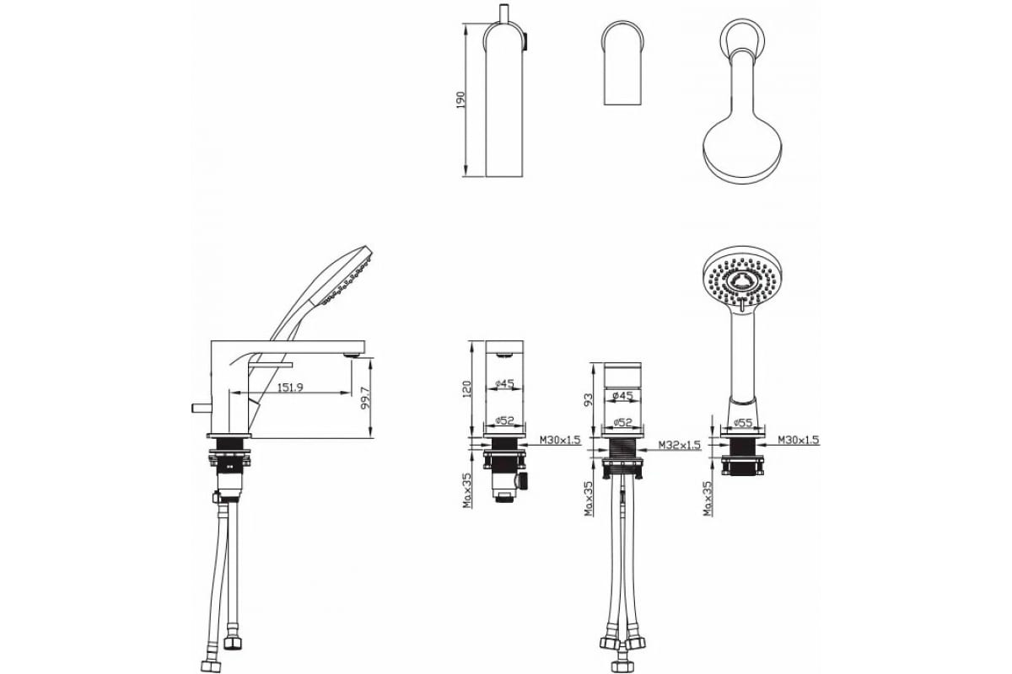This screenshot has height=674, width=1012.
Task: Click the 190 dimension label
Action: [x=460, y=99]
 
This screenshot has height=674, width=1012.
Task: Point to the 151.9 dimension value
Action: [x=290, y=388]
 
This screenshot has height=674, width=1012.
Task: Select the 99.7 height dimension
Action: [x=365, y=398]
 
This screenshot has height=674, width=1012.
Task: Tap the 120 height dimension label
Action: [x=466, y=389]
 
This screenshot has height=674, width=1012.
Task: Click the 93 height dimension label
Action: [x=589, y=399]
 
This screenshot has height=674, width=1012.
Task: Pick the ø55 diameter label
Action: [x=743, y=423]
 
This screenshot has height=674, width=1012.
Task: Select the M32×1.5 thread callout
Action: [x=680, y=445]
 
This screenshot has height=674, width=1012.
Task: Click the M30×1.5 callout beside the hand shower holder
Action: [x=799, y=439]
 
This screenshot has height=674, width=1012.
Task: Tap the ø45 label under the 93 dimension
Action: [x=622, y=396]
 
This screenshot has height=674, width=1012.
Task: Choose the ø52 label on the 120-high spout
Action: [x=504, y=420]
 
